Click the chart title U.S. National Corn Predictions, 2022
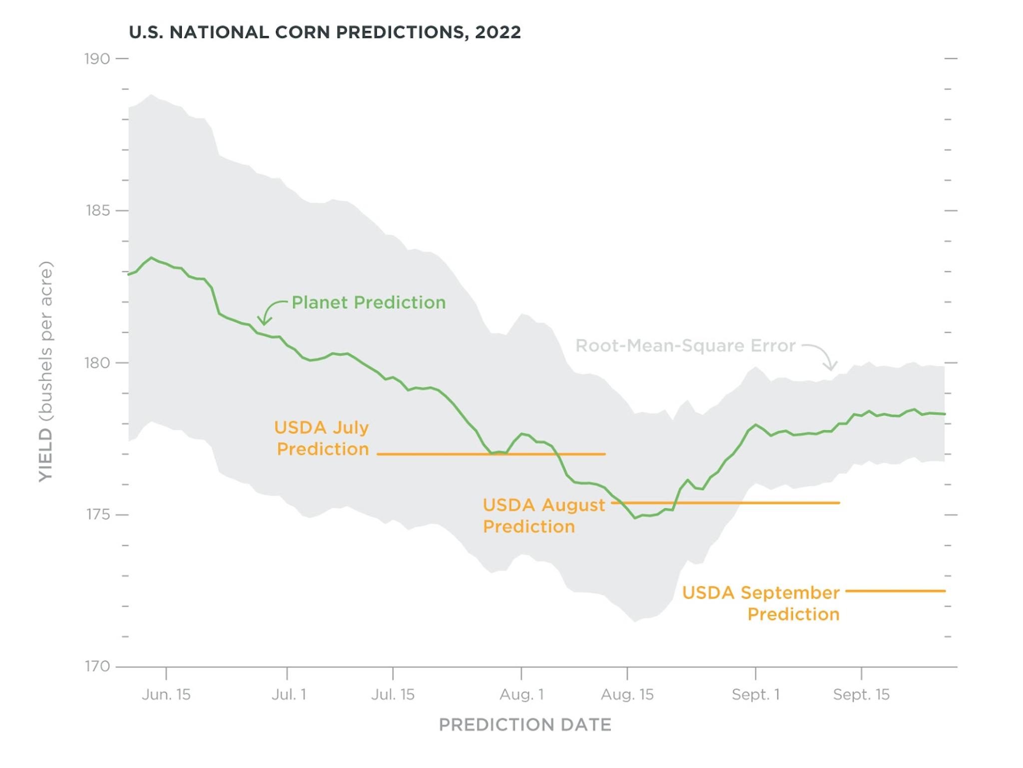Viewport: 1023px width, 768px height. (325, 32)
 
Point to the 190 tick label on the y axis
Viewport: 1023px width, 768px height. (97, 59)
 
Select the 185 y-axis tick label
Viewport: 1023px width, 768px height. (97, 210)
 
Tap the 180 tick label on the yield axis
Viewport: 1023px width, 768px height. (97, 363)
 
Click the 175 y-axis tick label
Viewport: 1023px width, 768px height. (97, 515)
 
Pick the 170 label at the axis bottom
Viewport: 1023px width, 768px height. (97, 666)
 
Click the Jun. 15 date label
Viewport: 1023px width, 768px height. (166, 695)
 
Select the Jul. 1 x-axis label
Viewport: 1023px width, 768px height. (288, 695)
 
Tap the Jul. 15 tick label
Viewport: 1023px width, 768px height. (393, 695)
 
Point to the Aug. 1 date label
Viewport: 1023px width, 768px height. (521, 695)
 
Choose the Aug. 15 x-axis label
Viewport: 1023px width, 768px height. (627, 695)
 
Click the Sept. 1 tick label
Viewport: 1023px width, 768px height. (755, 695)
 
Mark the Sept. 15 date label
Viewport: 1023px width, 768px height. (861, 695)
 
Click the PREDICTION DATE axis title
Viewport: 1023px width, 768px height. (525, 725)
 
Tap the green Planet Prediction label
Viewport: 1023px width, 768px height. (368, 302)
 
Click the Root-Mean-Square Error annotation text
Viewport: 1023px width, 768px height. (685, 346)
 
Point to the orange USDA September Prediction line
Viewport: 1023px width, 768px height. (895, 591)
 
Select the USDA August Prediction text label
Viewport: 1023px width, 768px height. (543, 515)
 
